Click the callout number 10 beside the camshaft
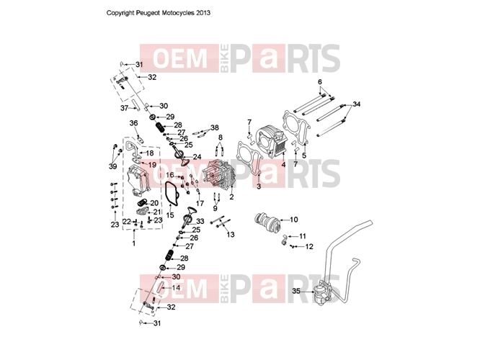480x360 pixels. [293, 220]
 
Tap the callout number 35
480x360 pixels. [296, 291]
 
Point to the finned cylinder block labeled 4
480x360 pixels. [272, 141]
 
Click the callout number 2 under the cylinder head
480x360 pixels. [231, 197]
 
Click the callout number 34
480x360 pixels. [357, 104]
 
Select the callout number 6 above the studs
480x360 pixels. [320, 81]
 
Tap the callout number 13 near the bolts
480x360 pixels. [230, 235]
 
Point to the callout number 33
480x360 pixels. [200, 221]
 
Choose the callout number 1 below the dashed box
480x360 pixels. [133, 243]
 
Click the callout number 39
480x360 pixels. [112, 166]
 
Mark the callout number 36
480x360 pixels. [133, 123]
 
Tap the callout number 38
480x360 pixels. [215, 128]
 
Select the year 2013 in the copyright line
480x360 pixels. [203, 13]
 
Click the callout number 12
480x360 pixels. [309, 246]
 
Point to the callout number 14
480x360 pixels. [176, 288]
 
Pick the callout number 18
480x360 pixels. [150, 153]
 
